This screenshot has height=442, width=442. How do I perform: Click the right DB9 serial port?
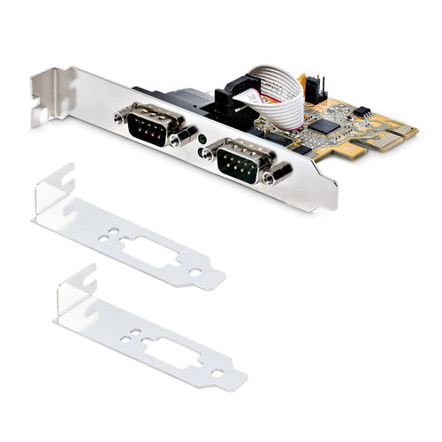coord(237,160)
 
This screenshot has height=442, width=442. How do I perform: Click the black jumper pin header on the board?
coord(321,86)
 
